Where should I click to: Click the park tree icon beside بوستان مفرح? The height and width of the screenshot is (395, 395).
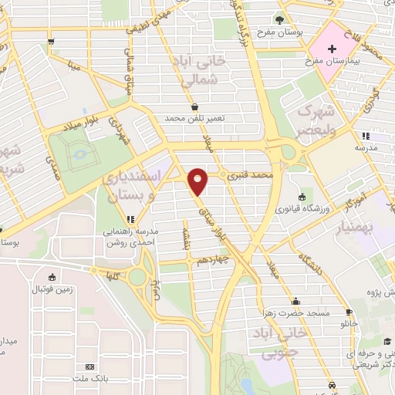pyautogui.click(x=279, y=20)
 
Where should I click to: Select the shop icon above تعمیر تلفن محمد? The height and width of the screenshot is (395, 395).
pyautogui.click(x=194, y=107)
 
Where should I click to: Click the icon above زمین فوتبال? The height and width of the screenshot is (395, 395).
pyautogui.click(x=51, y=278)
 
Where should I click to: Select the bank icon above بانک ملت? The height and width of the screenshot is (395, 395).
pyautogui.click(x=90, y=366)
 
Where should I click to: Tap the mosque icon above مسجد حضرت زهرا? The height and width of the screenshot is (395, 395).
pyautogui.click(x=295, y=302)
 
